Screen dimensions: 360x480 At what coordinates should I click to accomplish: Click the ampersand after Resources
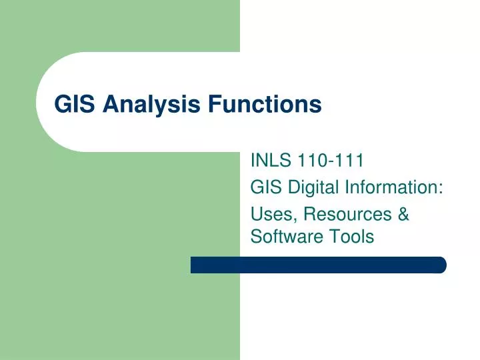403,215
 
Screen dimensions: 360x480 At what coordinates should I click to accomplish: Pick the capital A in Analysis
109,105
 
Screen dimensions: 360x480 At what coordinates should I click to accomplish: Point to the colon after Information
442,189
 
